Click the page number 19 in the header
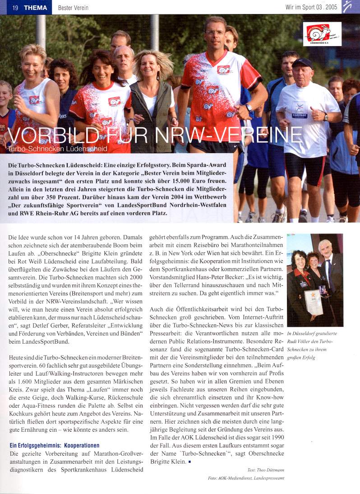15,7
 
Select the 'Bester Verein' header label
73,8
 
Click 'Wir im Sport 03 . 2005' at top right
311,8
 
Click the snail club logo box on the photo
322,34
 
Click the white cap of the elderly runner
302,63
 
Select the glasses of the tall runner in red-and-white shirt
215,33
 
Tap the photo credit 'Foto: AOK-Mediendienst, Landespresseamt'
246,478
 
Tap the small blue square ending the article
190,462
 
